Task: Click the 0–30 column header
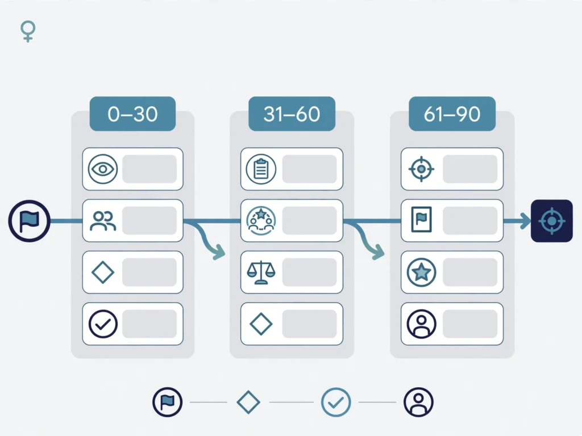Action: click(132, 114)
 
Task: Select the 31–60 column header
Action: click(292, 114)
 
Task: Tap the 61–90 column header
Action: click(452, 114)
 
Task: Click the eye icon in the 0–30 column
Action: click(103, 169)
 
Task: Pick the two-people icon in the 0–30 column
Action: click(103, 221)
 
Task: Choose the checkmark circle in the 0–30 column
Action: click(103, 324)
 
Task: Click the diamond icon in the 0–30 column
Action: click(103, 272)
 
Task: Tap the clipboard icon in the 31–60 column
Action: click(261, 169)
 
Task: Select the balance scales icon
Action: click(261, 272)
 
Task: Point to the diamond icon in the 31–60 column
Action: click(261, 324)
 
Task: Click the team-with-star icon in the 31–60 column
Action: click(261, 221)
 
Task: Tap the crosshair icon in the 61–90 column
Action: click(421, 169)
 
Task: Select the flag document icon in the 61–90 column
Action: click(421, 220)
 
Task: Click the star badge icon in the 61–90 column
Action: click(421, 272)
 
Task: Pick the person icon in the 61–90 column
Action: click(421, 324)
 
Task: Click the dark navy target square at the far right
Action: click(552, 221)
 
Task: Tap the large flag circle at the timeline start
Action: click(30, 221)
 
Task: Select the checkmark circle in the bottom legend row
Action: click(336, 403)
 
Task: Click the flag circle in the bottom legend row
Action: click(168, 403)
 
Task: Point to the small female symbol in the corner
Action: click(28, 32)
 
